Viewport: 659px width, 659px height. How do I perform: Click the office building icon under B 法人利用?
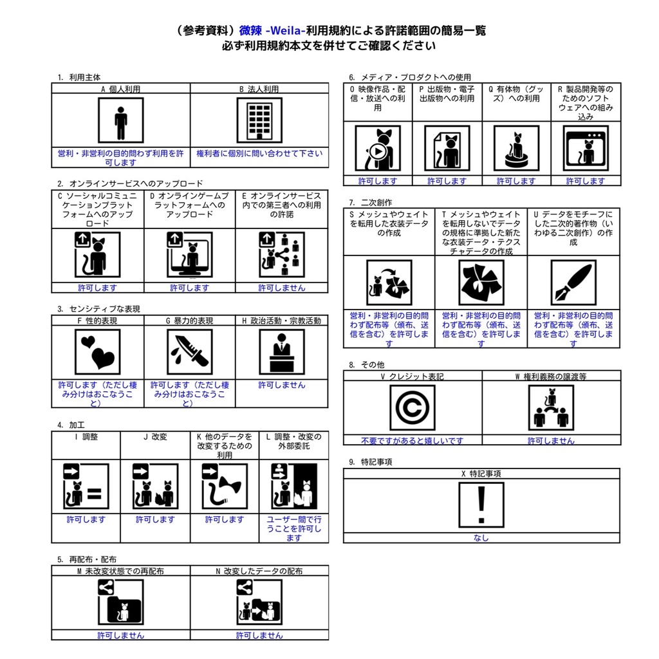259,120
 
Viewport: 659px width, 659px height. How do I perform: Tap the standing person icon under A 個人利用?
120,120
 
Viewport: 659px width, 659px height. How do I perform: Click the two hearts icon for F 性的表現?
97,352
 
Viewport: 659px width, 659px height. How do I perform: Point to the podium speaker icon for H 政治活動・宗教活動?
281,352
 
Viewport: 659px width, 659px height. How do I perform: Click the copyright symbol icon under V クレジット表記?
412,408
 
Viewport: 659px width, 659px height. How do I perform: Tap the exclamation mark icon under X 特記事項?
481,505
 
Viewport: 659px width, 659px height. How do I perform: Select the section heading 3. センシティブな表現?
98,309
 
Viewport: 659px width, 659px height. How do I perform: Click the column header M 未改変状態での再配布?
120,571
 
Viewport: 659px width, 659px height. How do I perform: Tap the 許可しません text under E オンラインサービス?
281,288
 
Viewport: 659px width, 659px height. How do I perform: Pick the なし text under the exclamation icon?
481,537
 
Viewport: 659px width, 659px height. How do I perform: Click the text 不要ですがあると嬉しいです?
412,441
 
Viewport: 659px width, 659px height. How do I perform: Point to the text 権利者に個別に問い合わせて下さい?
259,154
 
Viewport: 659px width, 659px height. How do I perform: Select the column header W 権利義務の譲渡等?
551,376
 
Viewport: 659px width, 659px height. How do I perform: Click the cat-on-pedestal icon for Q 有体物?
515,148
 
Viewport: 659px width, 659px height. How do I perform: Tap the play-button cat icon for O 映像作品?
378,148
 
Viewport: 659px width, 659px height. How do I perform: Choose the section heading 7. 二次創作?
371,202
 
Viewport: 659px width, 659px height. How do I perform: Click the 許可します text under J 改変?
155,519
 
